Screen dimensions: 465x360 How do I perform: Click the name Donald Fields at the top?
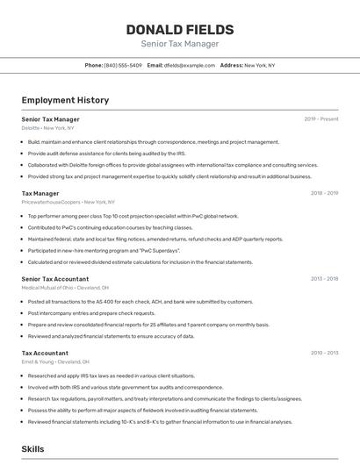[179, 29]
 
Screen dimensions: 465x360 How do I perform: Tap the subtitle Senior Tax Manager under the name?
[179, 44]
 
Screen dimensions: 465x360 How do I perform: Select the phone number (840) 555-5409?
[122, 65]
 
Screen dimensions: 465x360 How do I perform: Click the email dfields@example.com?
[188, 65]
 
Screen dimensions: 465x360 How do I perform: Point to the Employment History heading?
[65, 100]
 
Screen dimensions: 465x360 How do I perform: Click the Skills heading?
[32, 448]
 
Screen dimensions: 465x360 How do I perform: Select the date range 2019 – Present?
[321, 118]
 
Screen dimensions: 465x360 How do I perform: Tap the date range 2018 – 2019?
[325, 193]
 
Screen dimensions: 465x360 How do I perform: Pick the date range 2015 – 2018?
[325, 279]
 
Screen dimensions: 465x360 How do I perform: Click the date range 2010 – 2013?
[325, 353]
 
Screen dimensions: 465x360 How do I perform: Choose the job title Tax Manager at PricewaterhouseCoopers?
[40, 193]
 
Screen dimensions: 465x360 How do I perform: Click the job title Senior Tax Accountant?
[55, 279]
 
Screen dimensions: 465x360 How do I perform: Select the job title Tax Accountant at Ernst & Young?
[45, 353]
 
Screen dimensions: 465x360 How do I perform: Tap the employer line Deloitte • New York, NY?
[49, 128]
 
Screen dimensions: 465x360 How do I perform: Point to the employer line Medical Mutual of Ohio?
[65, 288]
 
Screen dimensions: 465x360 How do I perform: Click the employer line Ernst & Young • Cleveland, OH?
[55, 361]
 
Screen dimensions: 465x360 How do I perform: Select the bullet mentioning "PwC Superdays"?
[104, 250]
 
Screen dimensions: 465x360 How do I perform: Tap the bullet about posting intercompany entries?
[91, 313]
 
